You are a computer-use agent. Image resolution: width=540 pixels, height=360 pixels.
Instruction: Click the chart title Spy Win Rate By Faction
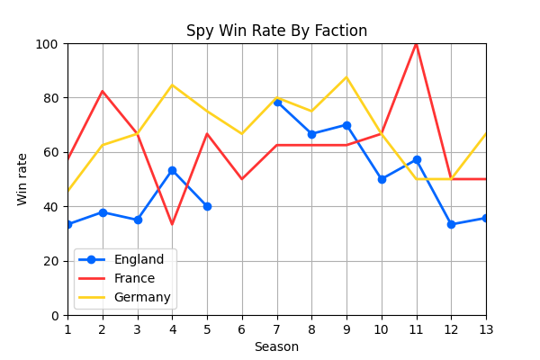276,31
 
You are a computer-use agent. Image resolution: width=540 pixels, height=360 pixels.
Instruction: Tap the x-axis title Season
276,347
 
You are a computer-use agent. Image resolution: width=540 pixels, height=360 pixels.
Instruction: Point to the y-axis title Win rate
22,179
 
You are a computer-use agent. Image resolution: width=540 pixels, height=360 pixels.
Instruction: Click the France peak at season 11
416,43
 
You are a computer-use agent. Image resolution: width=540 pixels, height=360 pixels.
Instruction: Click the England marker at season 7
277,102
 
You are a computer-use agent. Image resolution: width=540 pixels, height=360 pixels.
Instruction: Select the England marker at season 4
172,170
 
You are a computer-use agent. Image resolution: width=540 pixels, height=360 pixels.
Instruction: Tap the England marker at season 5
207,206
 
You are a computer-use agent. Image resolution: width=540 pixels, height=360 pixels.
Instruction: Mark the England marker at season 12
451,224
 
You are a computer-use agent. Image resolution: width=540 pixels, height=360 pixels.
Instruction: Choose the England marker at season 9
346,125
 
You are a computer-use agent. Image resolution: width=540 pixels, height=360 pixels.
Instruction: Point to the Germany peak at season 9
346,77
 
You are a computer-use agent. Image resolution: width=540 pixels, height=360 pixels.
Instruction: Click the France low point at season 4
172,224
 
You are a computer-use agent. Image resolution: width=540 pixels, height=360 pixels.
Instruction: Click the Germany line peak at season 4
172,85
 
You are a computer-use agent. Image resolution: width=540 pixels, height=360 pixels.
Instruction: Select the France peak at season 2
103,91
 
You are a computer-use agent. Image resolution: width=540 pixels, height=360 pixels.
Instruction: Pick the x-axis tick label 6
242,328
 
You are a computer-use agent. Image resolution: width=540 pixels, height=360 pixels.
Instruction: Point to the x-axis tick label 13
486,328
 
